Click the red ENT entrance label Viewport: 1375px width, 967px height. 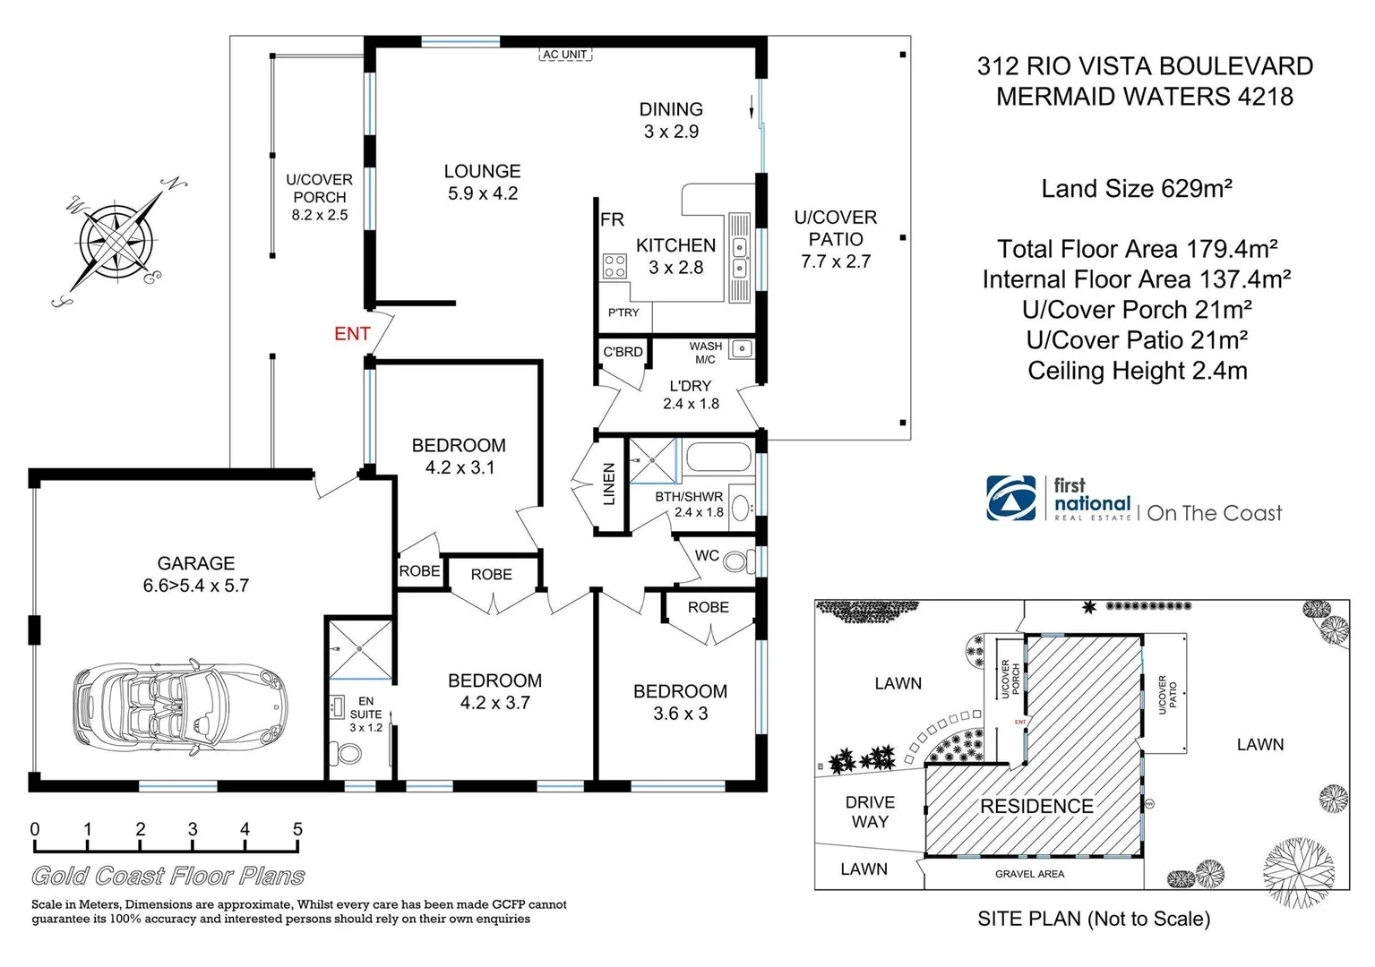pyautogui.click(x=352, y=334)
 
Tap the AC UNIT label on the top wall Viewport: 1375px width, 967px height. pyautogui.click(x=565, y=55)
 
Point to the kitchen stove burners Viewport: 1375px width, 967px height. pyautogui.click(x=614, y=266)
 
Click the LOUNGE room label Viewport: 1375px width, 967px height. pyautogui.click(x=482, y=171)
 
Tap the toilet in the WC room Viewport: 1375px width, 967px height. pyautogui.click(x=735, y=561)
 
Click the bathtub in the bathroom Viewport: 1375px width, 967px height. pyautogui.click(x=718, y=457)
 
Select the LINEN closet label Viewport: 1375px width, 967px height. pyautogui.click(x=609, y=483)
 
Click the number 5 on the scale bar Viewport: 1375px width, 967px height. pyautogui.click(x=297, y=829)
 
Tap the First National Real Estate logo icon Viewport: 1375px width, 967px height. pyautogui.click(x=1011, y=498)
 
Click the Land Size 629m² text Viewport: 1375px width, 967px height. pyautogui.click(x=1137, y=189)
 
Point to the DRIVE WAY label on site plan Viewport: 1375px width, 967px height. pyautogui.click(x=870, y=811)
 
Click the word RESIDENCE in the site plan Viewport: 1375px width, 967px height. pyautogui.click(x=1036, y=806)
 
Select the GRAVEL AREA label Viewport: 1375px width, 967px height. pyautogui.click(x=1029, y=874)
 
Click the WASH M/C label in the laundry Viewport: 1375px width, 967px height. pyautogui.click(x=705, y=353)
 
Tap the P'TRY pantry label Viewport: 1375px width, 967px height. pyautogui.click(x=623, y=312)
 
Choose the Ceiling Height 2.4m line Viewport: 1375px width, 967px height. pyautogui.click(x=1137, y=371)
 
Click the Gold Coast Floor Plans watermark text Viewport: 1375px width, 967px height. pyautogui.click(x=168, y=876)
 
